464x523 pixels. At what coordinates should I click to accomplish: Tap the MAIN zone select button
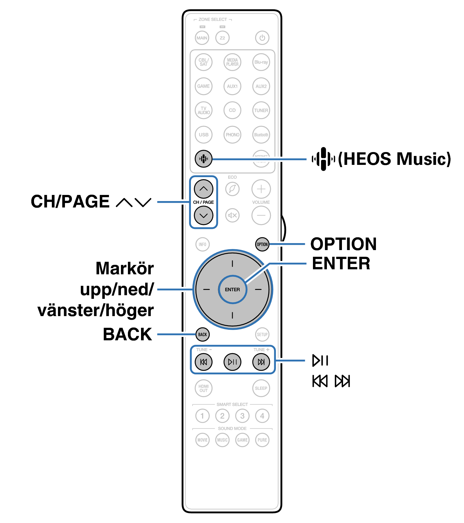point(202,38)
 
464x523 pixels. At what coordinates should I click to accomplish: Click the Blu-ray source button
point(261,62)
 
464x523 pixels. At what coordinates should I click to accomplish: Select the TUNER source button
point(261,110)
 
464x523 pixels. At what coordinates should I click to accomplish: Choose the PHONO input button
point(232,135)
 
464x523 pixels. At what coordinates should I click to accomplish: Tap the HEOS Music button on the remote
point(203,159)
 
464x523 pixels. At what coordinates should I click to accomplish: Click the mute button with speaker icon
point(232,215)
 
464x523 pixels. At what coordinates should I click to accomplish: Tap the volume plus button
point(261,189)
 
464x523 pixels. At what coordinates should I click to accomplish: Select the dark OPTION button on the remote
point(262,244)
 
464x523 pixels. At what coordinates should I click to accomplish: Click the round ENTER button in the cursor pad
point(232,289)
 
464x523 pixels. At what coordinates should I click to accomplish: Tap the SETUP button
point(262,334)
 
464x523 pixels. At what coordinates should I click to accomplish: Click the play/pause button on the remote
point(232,362)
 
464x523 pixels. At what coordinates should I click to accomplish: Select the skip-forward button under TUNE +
point(261,362)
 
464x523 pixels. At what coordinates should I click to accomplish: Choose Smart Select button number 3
point(242,416)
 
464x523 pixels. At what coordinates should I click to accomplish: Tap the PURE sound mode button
point(262,440)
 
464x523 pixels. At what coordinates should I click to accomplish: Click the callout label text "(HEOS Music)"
point(394,159)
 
